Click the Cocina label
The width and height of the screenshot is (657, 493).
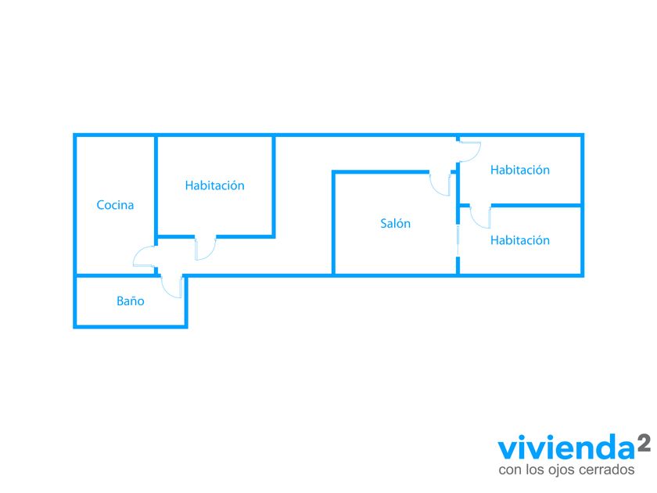[115, 205]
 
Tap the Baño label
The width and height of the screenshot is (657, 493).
[130, 300]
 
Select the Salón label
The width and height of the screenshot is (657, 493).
[395, 224]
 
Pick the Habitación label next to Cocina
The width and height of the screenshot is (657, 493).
[214, 185]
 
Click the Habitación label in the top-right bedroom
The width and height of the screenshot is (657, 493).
[519, 170]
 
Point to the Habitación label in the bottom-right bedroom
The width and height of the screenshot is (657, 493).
[519, 240]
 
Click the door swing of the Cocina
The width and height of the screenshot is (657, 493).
[144, 257]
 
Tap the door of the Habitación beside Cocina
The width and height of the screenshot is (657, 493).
[206, 248]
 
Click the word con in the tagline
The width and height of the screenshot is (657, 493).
[509, 470]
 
